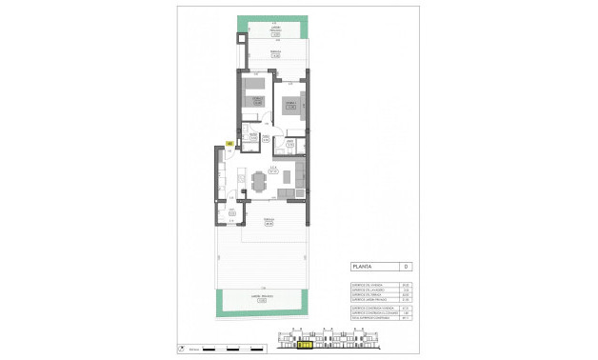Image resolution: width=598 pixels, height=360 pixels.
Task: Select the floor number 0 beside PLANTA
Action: coord(406,267)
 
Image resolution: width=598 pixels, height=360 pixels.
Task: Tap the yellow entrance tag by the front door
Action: coord(229,144)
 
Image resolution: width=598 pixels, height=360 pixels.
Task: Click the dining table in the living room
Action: coord(260,179)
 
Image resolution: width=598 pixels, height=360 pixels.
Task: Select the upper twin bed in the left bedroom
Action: coord(253,87)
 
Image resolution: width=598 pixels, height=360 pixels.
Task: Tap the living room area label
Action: coord(272,170)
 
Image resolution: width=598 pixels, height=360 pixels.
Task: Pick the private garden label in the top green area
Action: coord(274,30)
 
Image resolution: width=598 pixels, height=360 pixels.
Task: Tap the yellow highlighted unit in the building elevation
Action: coord(307,345)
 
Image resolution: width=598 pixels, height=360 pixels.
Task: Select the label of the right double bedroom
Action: coord(289,106)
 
